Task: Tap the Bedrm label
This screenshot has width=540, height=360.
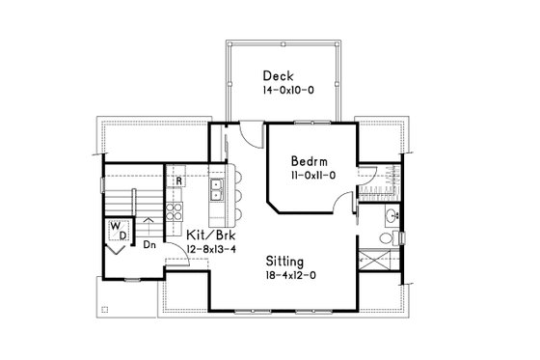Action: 314,162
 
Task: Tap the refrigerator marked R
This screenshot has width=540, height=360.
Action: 179,180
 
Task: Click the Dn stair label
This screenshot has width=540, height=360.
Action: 150,244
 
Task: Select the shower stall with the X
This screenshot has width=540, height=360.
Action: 373,259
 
